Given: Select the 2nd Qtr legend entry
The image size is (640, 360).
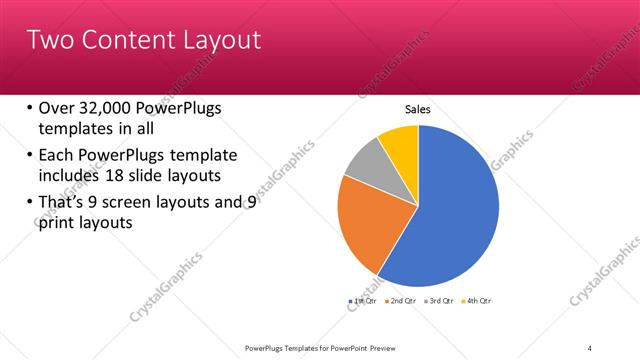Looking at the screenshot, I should tap(400, 300).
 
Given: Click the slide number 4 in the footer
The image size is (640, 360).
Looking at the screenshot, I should tap(590, 348).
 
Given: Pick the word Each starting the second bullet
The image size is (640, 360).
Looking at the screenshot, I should tap(56, 155).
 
